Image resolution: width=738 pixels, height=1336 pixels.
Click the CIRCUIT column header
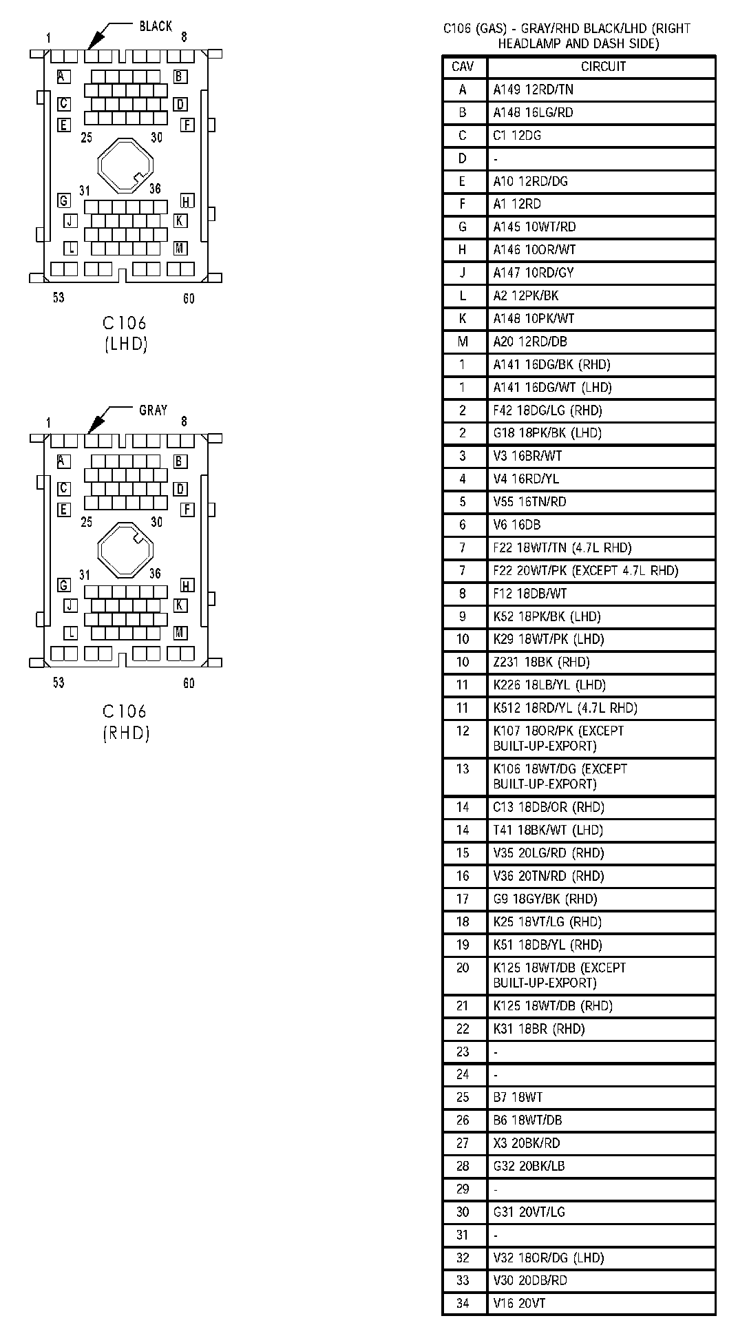click(x=603, y=67)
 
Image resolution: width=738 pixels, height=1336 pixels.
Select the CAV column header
click(x=463, y=67)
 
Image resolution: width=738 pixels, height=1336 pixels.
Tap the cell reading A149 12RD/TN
click(x=533, y=90)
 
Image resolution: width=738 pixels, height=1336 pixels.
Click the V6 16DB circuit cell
click(x=516, y=525)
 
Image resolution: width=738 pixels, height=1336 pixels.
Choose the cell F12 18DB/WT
click(x=529, y=594)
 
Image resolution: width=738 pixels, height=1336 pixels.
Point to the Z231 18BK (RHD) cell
click(x=541, y=662)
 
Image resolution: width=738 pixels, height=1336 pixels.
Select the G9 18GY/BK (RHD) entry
click(x=545, y=899)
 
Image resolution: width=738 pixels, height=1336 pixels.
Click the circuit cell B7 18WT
click(x=518, y=1097)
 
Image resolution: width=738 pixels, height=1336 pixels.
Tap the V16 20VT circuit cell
click(x=518, y=1303)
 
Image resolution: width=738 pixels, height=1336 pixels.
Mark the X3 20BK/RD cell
click(x=526, y=1143)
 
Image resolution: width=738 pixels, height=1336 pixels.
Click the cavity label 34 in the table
click(x=463, y=1303)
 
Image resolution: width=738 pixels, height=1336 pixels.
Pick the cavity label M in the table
click(x=463, y=342)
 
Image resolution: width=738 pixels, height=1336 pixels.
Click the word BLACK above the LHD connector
click(x=156, y=26)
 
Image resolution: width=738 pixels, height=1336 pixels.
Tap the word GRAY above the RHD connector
click(x=153, y=410)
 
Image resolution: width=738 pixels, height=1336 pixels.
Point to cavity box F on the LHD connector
click(x=187, y=125)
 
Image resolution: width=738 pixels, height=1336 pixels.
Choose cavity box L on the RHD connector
click(x=71, y=633)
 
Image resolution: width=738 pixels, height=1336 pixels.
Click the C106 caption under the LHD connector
click(x=125, y=322)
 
